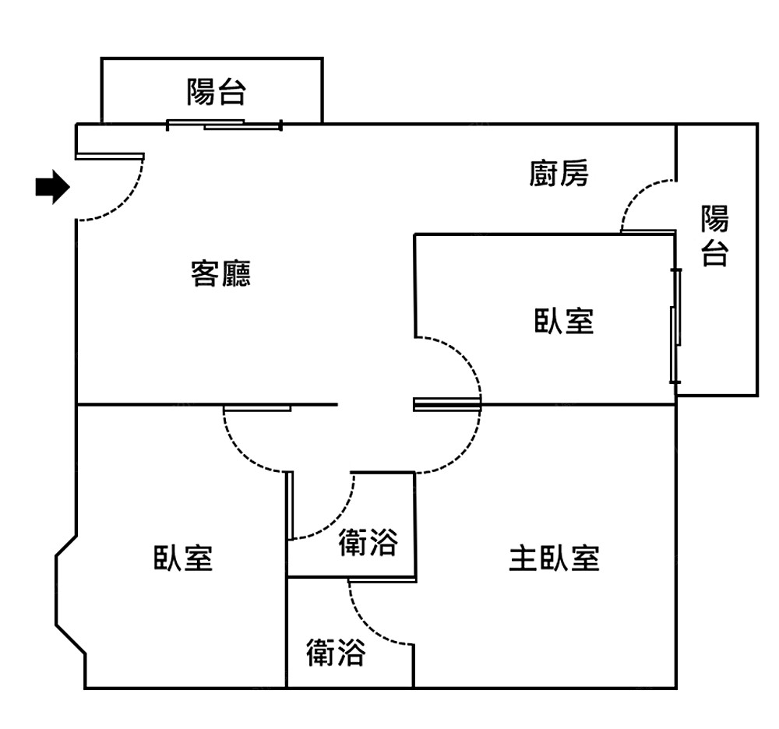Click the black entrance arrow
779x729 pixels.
[x=52, y=187]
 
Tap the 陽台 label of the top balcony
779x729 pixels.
[x=216, y=92]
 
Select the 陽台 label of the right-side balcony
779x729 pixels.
[x=714, y=235]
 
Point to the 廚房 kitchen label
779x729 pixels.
[x=559, y=174]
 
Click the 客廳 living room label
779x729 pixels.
[x=220, y=273]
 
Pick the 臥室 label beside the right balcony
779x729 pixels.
[x=563, y=320]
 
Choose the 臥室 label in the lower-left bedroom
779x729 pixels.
[x=182, y=558]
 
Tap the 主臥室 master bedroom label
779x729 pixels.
[x=554, y=558]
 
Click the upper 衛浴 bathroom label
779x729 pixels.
[x=368, y=543]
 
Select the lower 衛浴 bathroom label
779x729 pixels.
[x=335, y=653]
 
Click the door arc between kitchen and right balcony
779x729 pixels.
[x=636, y=195]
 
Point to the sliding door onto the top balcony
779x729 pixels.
[x=224, y=124]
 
